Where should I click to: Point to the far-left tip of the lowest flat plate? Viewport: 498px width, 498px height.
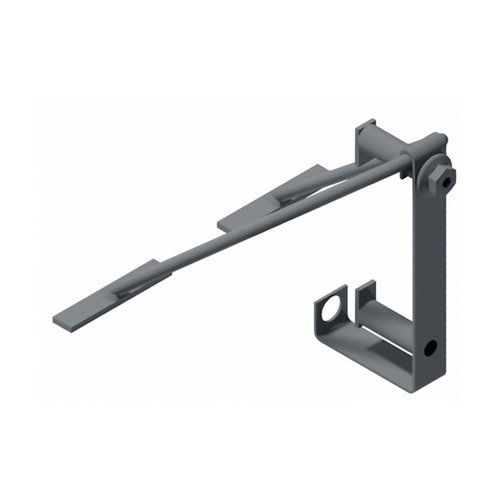(x=55, y=320)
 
